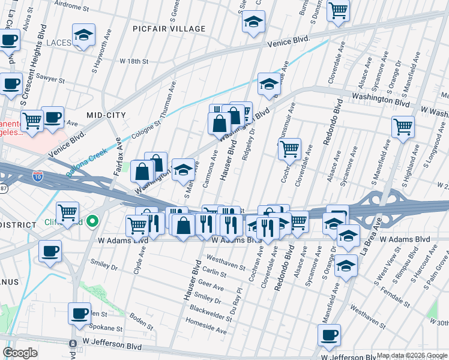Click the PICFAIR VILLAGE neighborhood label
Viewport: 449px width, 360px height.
click(170, 29)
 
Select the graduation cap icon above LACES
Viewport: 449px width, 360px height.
click(83, 35)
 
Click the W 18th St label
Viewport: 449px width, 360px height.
click(133, 61)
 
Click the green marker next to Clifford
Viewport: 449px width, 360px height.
click(92, 221)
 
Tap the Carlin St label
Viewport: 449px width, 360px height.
click(214, 274)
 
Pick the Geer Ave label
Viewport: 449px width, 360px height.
click(210, 287)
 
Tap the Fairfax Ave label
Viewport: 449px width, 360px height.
click(118, 153)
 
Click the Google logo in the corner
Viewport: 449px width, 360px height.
click(20, 353)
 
